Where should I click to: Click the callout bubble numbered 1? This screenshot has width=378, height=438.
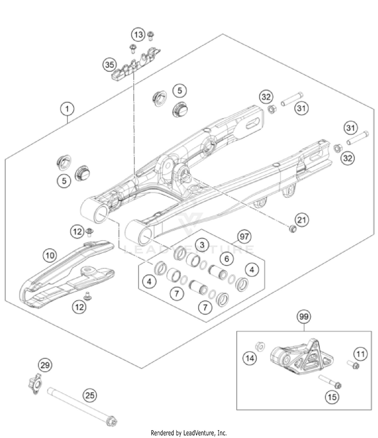(67, 109)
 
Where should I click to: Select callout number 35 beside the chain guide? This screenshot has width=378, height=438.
(109, 65)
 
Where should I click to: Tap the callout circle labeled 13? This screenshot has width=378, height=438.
(138, 35)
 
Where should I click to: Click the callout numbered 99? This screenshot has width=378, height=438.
(304, 316)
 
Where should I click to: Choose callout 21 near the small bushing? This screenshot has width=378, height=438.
(302, 220)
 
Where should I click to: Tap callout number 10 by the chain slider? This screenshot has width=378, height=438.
(50, 255)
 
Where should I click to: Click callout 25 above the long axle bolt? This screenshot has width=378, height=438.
(90, 395)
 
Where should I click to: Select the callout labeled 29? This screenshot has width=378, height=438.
(45, 365)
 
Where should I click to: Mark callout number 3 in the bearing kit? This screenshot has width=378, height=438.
(202, 245)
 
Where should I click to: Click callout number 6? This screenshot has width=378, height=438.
(227, 259)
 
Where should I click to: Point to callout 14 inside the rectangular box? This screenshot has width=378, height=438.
(249, 358)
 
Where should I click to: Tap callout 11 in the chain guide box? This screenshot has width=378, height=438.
(360, 354)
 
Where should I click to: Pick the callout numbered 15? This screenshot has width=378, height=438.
(332, 397)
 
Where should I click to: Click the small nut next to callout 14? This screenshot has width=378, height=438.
(260, 346)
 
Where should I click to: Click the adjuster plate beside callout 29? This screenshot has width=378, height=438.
(35, 384)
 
